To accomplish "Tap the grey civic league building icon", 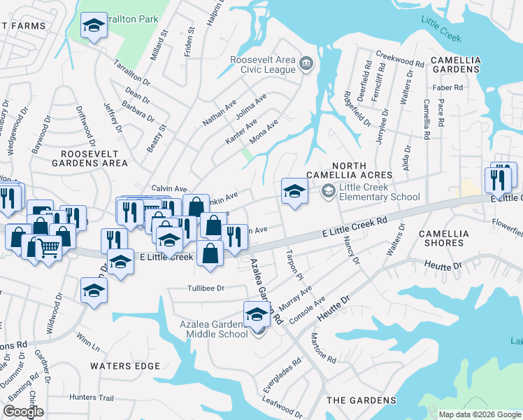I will pyautogui.click(x=306, y=64).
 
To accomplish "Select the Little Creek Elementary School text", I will pyautogui.click(x=379, y=192).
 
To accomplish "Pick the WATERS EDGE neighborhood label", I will pyautogui.click(x=125, y=366).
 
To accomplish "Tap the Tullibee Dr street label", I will pyautogui.click(x=205, y=288).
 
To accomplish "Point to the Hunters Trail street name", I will pyautogui.click(x=92, y=397).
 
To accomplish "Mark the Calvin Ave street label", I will pyautogui.click(x=169, y=189).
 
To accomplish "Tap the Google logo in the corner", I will pyautogui.click(x=23, y=411).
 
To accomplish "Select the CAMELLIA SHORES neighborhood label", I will pyautogui.click(x=441, y=238).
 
